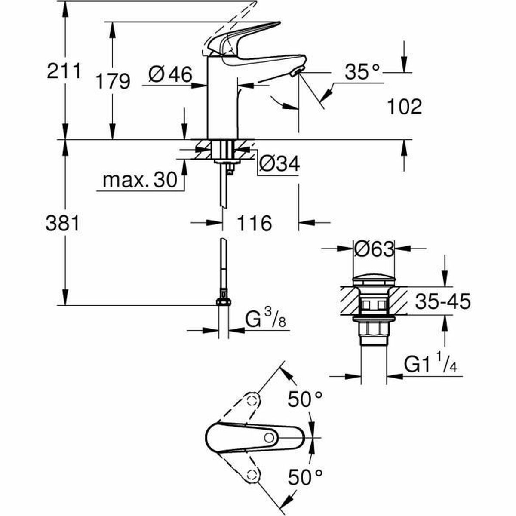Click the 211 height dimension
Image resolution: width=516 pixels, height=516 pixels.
coord(63,71)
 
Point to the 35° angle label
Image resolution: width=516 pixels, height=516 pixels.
coord(362,72)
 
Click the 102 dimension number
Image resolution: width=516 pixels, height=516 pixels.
coord(404,107)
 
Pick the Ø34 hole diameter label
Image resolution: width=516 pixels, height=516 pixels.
coord(280,164)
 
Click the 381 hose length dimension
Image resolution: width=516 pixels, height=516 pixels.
coord(63,224)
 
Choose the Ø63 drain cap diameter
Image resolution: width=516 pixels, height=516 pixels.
coord(374,249)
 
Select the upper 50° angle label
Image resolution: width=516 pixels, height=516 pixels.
coord(305,400)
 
